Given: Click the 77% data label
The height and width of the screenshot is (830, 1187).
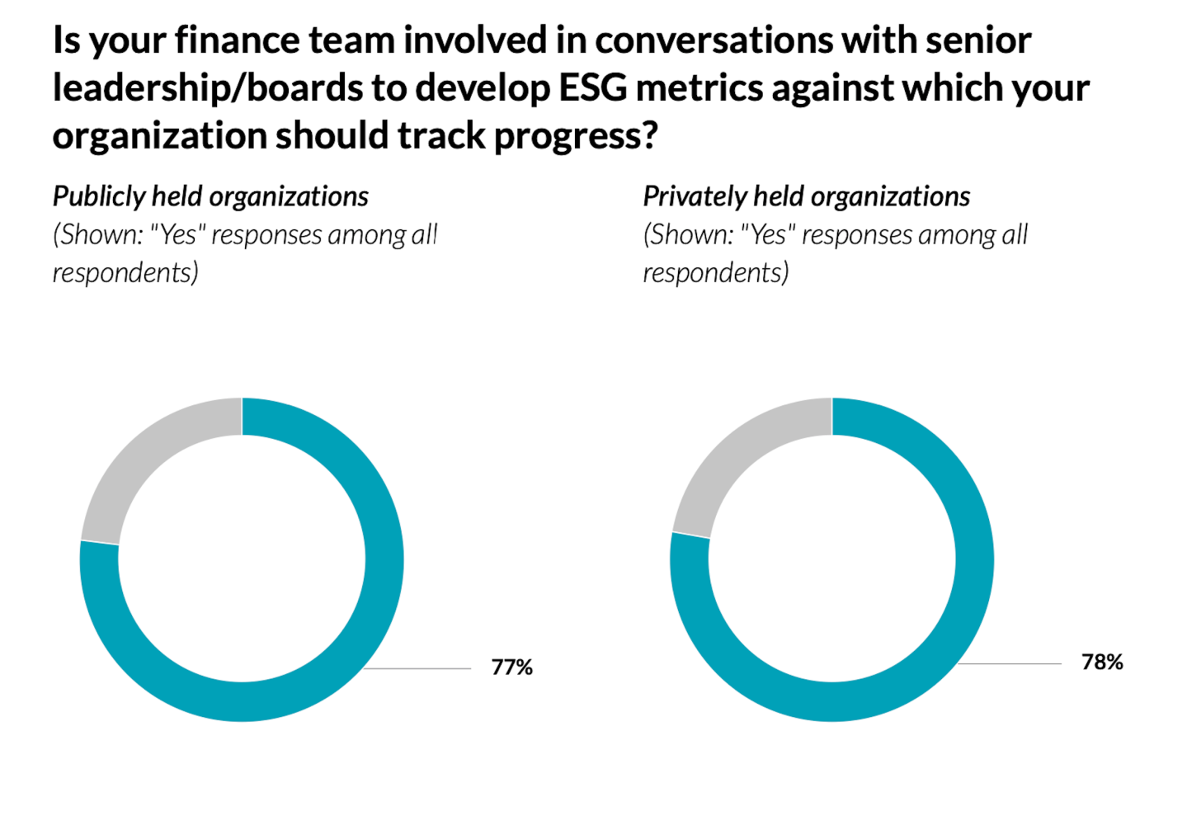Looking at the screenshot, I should (511, 667).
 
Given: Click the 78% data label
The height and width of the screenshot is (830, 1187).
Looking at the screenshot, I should (1102, 662).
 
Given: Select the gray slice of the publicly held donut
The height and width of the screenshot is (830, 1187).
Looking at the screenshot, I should (140, 462).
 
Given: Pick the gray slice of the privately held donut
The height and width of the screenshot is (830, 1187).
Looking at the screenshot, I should (730, 462).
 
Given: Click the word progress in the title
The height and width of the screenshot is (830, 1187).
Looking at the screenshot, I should (575, 136).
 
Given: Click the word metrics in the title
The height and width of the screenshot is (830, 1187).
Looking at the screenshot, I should (699, 88).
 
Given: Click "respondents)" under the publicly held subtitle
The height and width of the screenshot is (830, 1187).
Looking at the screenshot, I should (125, 272).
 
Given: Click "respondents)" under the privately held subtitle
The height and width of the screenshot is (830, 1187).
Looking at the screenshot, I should (716, 272).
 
